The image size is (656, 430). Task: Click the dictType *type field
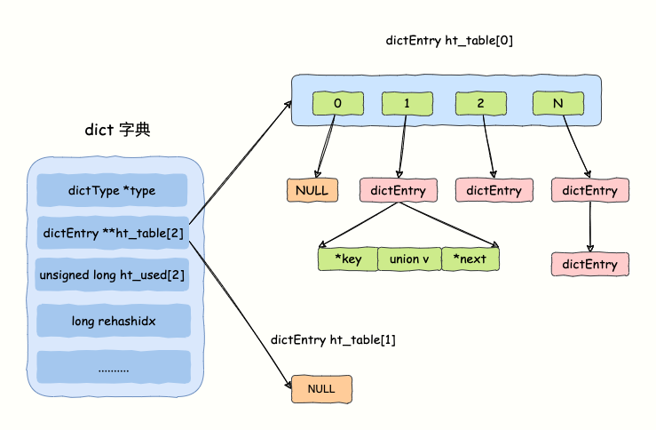(112, 190)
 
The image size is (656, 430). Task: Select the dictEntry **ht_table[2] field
(113, 233)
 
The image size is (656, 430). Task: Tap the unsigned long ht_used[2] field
(113, 275)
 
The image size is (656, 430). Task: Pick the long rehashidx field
(113, 320)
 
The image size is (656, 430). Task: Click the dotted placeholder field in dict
(113, 366)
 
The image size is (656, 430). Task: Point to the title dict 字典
(117, 131)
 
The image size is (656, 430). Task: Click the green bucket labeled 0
(337, 103)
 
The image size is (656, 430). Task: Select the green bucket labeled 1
(407, 103)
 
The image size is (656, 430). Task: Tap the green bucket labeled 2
(480, 103)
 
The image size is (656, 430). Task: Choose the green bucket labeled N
(557, 103)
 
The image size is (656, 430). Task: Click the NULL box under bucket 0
(312, 190)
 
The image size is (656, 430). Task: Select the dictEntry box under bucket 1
(399, 190)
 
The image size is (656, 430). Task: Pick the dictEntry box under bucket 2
(494, 190)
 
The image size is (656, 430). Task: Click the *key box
(347, 259)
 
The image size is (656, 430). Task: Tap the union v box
(408, 259)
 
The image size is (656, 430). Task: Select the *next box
(470, 259)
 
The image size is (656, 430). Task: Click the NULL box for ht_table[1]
(321, 389)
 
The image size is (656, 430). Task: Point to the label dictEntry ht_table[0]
(449, 41)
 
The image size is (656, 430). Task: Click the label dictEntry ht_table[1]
(333, 340)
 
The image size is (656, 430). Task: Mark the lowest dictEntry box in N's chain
(590, 264)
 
